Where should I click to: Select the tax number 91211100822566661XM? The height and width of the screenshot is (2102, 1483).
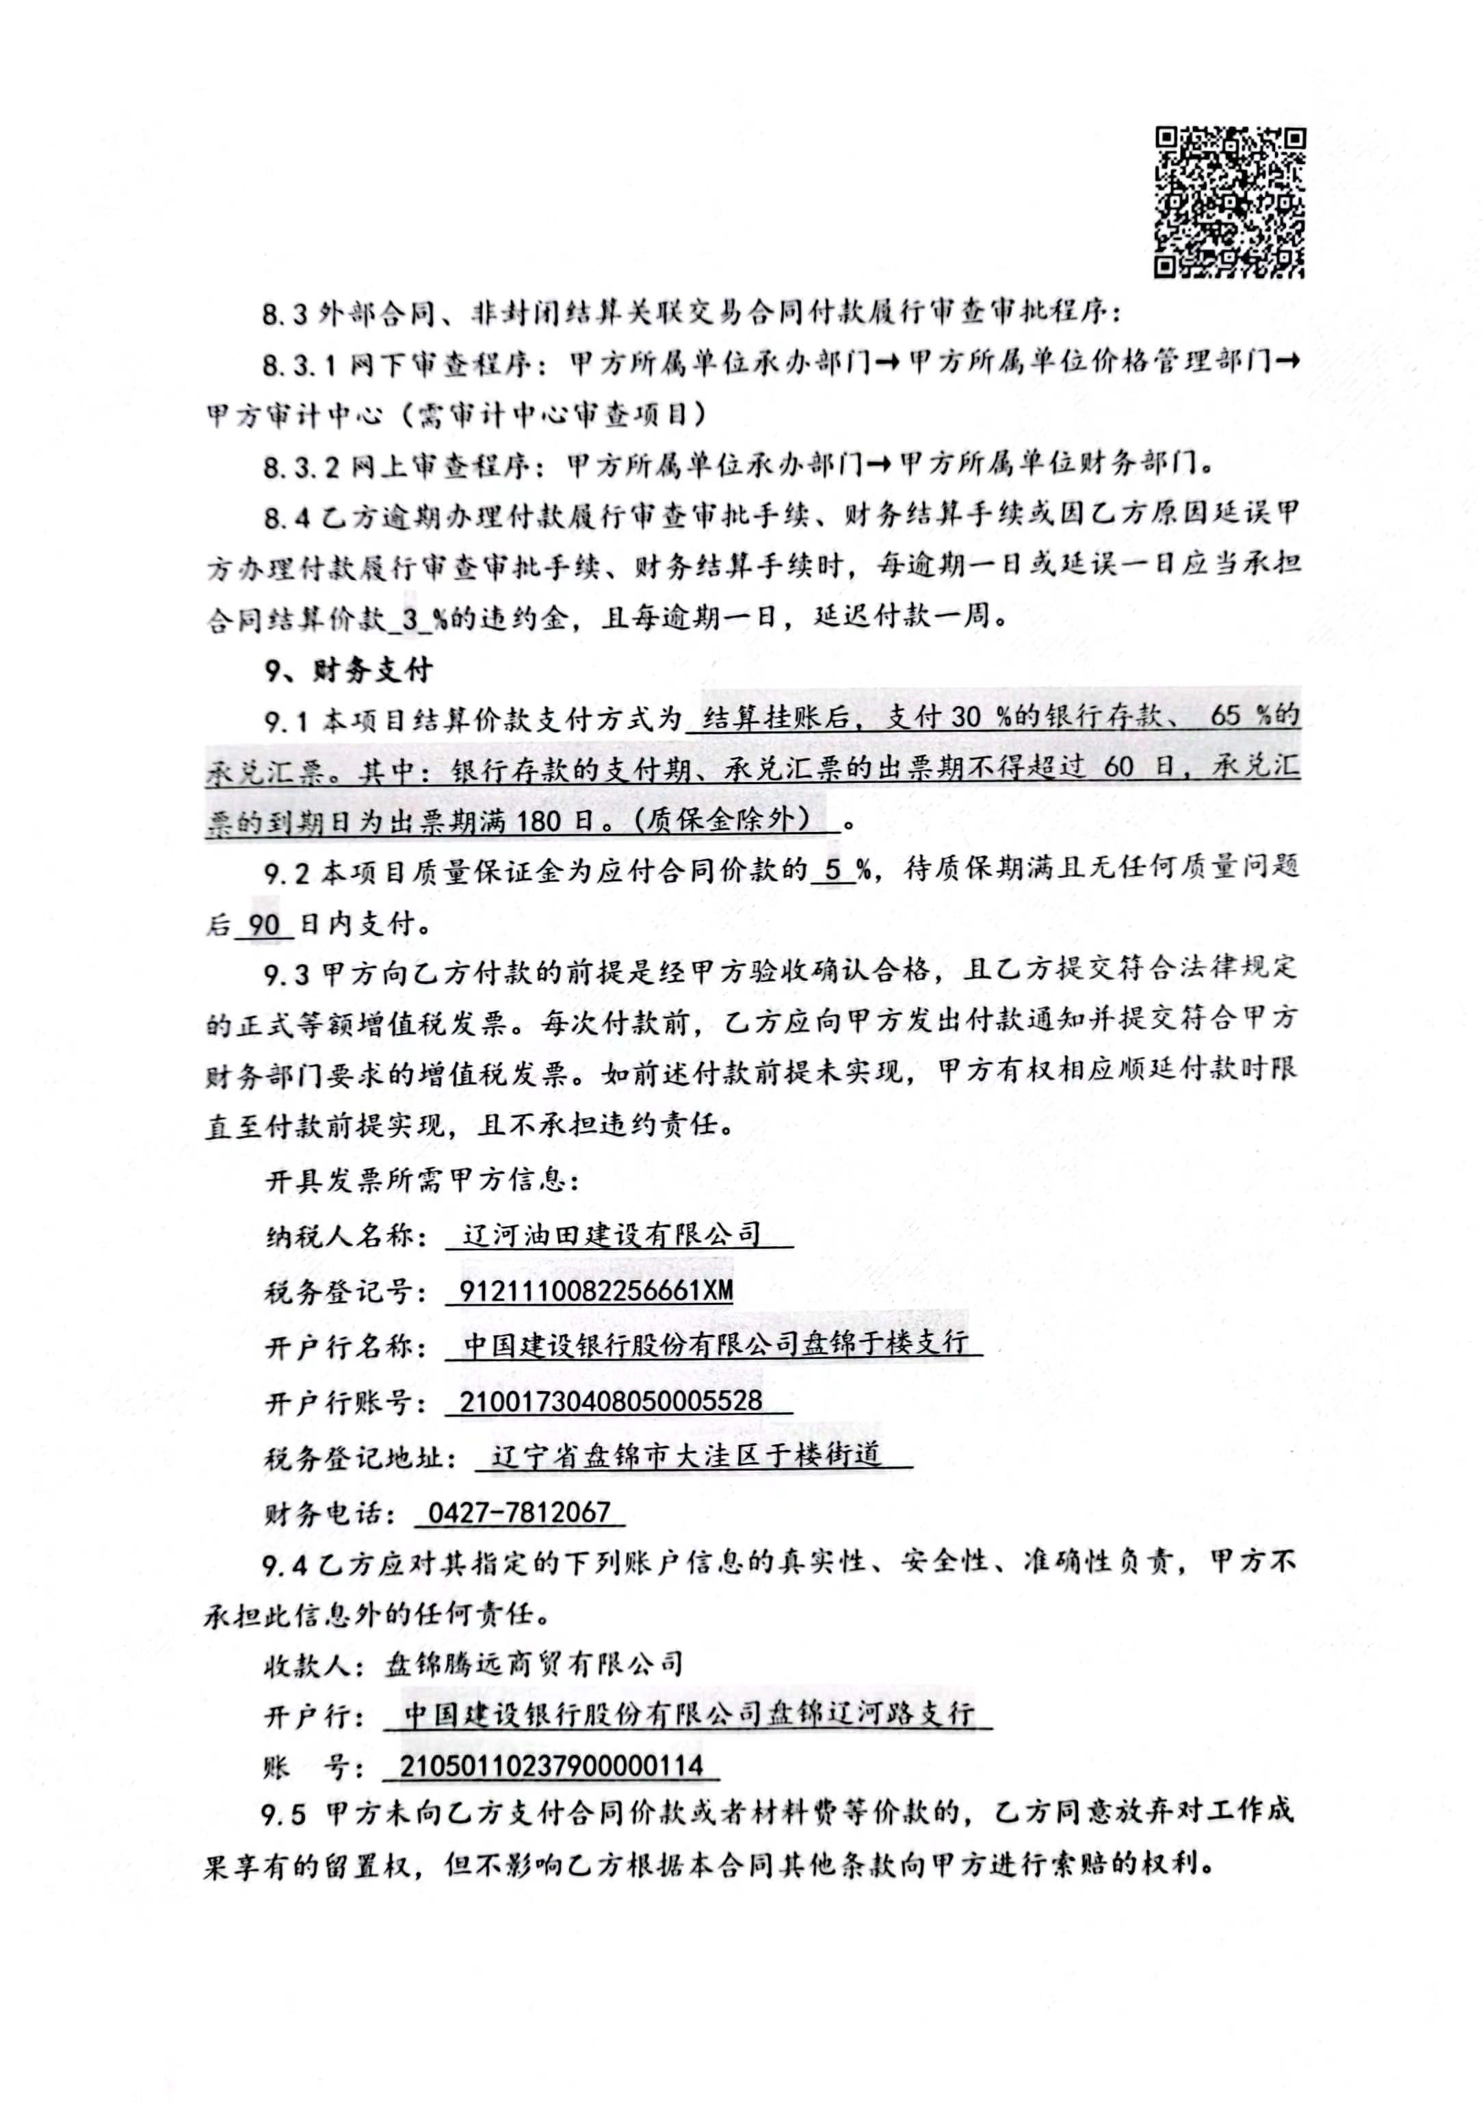point(596,1291)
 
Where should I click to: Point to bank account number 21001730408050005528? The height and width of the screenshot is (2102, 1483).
point(611,1401)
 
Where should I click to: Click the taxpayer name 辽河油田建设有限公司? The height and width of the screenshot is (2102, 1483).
point(612,1235)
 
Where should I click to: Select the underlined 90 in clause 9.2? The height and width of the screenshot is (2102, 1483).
point(263,924)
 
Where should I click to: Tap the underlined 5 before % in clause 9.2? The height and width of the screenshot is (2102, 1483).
point(833,869)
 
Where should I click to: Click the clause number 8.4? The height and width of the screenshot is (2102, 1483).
point(287,518)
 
